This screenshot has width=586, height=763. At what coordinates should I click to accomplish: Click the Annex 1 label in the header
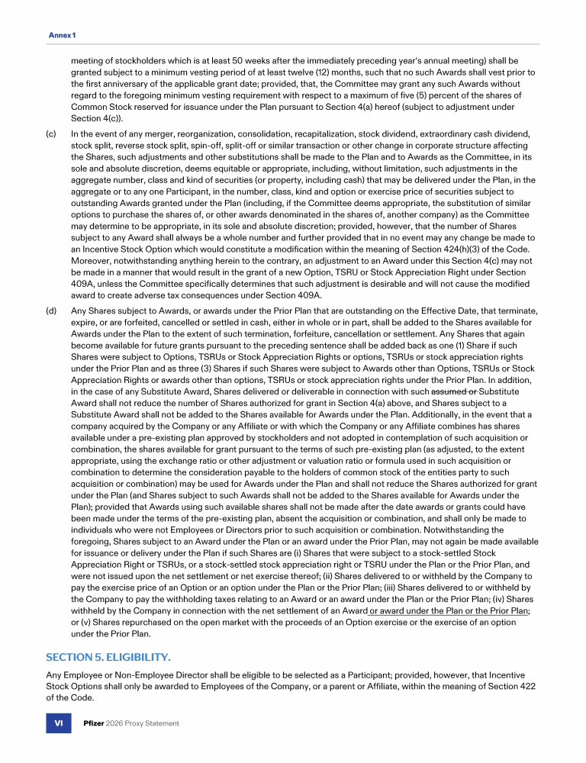click(63, 36)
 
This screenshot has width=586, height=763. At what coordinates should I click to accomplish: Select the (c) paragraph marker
click(51, 134)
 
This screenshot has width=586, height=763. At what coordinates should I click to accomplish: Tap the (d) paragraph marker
click(51, 311)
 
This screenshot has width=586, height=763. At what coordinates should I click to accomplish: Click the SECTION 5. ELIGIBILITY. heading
click(108, 657)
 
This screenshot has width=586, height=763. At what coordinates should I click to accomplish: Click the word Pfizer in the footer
click(94, 723)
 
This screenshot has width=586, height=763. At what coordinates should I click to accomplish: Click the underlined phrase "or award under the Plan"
click(421, 610)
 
